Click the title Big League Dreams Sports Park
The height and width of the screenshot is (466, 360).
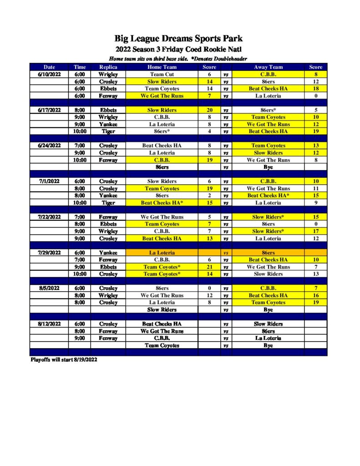(x=178, y=38)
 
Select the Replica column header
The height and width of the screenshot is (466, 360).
(x=108, y=67)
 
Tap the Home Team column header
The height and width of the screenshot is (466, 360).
(x=162, y=67)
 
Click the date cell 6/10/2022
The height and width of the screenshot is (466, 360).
(x=49, y=74)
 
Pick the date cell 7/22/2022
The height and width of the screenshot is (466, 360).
(x=49, y=217)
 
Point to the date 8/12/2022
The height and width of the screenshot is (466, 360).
(x=49, y=324)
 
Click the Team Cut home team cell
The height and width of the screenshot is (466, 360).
(x=162, y=74)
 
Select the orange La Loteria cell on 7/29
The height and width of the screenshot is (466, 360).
(x=162, y=253)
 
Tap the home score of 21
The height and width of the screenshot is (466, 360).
(x=209, y=267)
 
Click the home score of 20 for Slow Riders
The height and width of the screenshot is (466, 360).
(x=209, y=110)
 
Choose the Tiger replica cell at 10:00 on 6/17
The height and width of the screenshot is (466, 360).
(x=108, y=131)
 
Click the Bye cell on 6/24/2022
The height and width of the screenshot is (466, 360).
(x=268, y=167)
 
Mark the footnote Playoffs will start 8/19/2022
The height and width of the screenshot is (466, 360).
(x=64, y=360)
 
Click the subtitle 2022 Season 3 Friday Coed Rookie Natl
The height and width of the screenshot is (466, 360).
(x=178, y=49)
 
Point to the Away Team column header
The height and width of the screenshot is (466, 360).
(x=268, y=67)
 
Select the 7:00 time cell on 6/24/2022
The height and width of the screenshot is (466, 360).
(x=80, y=146)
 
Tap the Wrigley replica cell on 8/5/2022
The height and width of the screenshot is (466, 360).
(x=108, y=295)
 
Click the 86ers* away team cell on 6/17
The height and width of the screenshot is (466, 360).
(x=268, y=110)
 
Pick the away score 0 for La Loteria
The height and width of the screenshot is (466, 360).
(x=315, y=96)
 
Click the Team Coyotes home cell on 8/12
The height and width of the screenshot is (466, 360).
(x=162, y=345)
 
